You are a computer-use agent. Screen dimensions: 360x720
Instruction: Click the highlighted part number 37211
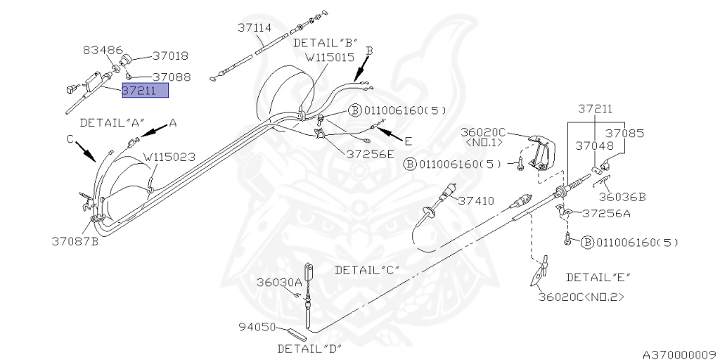coord(145,91)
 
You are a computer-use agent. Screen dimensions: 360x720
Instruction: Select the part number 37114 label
coord(254,27)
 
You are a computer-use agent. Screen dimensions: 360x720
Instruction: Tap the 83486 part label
coord(103,51)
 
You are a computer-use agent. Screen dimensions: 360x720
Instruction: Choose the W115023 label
coord(169,157)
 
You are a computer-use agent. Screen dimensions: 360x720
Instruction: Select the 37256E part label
coord(370,154)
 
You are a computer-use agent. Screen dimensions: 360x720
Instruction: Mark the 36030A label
coord(278,282)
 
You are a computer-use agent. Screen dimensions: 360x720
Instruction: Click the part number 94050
coord(257,327)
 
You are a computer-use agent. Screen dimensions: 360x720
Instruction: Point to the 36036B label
coord(622,197)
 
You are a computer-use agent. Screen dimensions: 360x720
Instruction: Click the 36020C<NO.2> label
coord(581,297)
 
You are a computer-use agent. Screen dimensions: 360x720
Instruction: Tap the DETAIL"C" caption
coord(367,269)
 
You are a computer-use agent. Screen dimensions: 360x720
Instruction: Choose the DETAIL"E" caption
coord(598,276)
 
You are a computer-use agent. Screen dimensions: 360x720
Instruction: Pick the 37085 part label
coord(626,131)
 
